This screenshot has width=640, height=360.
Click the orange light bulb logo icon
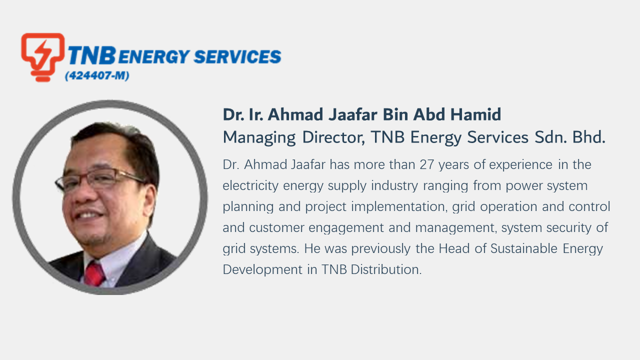43,57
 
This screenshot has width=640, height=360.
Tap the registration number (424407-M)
97,75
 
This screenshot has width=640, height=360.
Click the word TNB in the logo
92,55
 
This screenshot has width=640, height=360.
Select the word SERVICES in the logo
237,56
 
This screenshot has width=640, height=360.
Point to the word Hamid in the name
475,114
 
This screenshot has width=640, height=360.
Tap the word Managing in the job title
259,137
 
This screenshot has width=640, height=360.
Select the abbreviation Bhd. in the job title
589,137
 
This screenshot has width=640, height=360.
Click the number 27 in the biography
427,164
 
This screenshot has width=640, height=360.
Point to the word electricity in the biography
250,186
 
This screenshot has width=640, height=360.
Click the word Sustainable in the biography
524,248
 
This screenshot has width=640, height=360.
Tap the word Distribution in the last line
386,269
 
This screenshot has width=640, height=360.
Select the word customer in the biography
277,228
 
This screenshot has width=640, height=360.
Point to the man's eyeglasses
98,179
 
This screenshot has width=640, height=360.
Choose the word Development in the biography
262,270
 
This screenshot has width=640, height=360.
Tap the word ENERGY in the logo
154,56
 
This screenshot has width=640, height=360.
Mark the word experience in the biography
521,165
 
